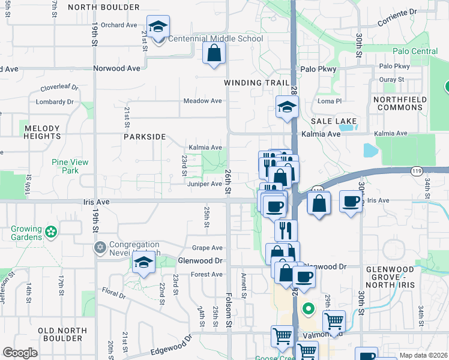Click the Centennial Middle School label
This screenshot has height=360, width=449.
(215, 39)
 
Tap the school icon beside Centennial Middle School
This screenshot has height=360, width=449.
(158, 27)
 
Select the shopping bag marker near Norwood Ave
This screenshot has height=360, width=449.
(214, 53)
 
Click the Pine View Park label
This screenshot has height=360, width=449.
(70, 166)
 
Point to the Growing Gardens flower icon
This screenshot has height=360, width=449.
(51, 231)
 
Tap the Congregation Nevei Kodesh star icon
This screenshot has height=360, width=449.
(100, 247)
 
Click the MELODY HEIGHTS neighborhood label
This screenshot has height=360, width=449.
(42, 133)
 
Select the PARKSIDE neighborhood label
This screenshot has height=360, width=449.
(145, 137)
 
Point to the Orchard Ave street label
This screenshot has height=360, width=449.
(119, 25)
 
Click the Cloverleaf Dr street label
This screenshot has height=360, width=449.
(59, 87)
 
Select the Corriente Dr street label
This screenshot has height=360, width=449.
(396, 17)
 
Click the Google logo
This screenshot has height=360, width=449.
(20, 352)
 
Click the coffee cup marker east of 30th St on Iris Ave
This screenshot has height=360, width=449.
(350, 202)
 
